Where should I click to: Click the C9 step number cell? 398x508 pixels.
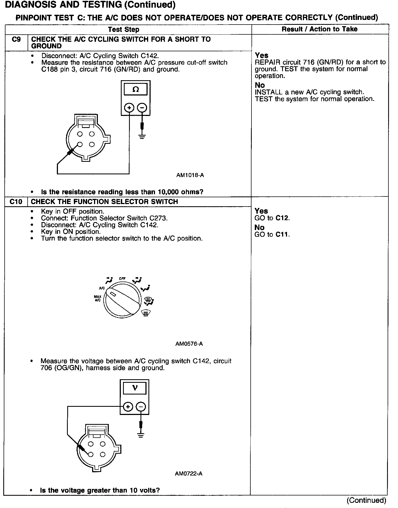16,40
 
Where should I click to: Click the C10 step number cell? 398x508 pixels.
16,202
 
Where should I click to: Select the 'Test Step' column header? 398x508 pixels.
124,29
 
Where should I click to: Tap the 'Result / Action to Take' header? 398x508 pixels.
320,29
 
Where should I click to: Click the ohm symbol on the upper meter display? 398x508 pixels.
136,89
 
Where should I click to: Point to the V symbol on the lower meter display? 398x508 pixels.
134,388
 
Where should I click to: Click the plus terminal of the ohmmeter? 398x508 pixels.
129,108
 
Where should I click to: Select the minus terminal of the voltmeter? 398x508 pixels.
141,407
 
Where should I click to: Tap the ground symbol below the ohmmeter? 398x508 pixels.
142,136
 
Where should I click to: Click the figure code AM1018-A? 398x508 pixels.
190,175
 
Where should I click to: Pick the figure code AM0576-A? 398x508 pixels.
189,344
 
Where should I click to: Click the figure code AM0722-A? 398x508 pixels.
188,473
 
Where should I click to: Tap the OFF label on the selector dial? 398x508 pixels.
122,279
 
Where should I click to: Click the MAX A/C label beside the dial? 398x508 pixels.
98,298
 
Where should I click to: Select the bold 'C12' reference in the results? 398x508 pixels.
282,218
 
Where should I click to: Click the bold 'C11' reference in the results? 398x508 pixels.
282,234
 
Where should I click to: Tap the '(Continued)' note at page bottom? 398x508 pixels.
366,500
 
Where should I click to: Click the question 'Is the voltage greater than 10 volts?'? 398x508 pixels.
100,490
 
